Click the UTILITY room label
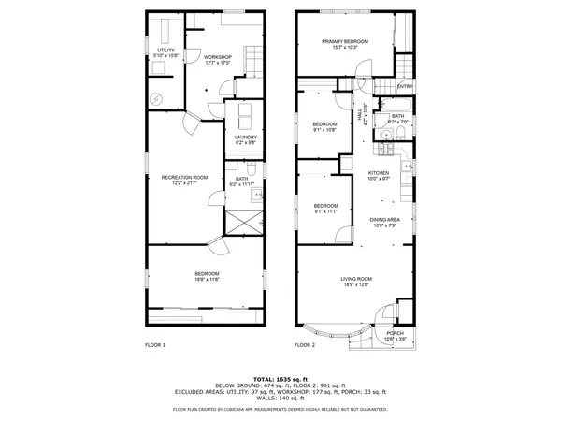click(x=166, y=50)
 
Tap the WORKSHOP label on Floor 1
click(x=218, y=57)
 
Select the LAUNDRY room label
click(x=245, y=137)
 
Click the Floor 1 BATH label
click(x=241, y=179)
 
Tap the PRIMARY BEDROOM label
click(x=345, y=42)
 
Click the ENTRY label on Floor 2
click(x=405, y=87)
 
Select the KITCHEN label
click(x=378, y=173)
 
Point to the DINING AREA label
click(x=386, y=220)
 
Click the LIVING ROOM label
click(x=357, y=279)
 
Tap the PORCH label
click(x=395, y=332)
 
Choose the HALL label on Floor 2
click(x=363, y=114)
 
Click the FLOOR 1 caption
click(x=155, y=345)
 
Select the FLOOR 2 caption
click(x=306, y=345)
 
